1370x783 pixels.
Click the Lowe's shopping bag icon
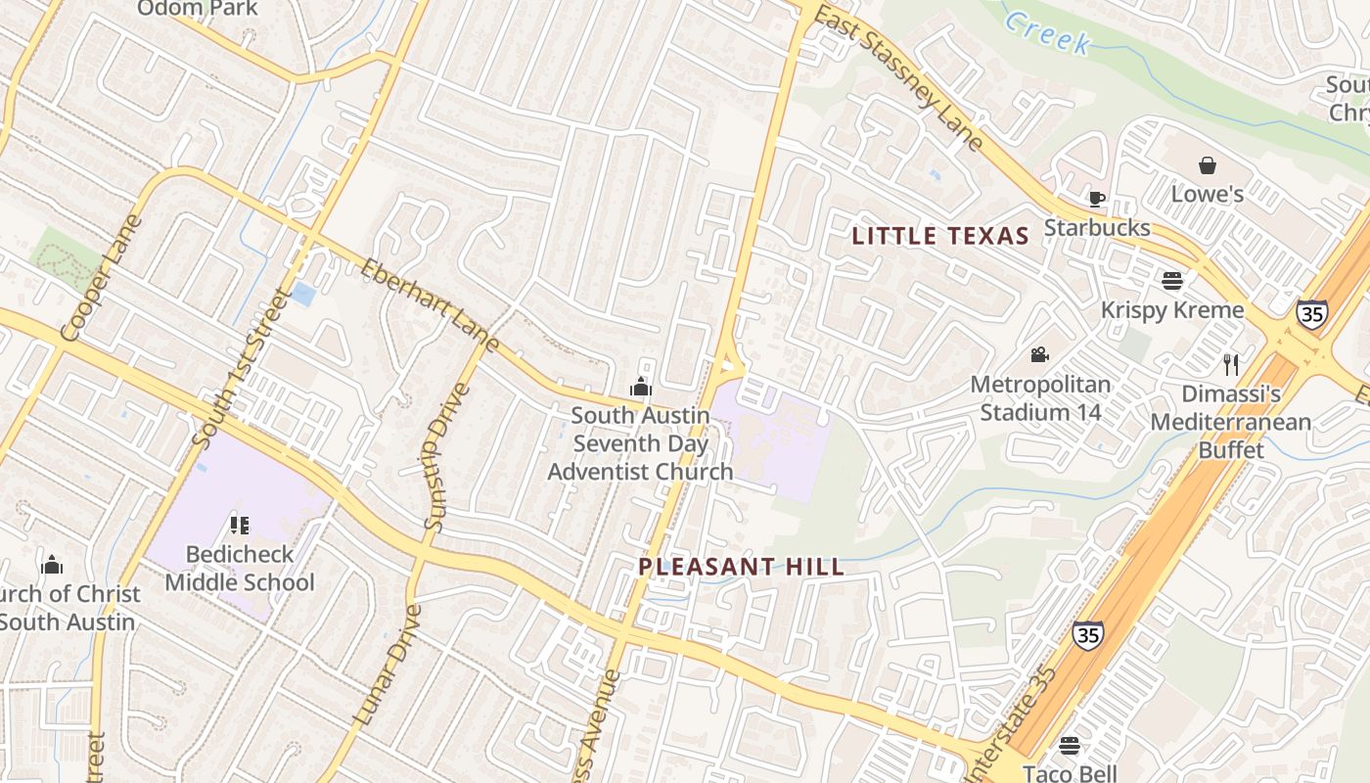pos(1208,165)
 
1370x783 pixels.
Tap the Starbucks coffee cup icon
pos(1097,200)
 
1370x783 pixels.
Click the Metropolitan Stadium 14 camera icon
pos(1039,354)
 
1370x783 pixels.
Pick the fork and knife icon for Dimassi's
pos(1231,365)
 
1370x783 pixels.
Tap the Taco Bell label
pos(1070,772)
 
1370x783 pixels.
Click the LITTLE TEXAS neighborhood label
pos(939,236)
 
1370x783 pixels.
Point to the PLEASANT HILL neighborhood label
pos(741,567)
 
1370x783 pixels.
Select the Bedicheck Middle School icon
pos(240,526)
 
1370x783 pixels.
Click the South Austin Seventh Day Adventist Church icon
pos(641,387)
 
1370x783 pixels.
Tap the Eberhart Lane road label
pos(431,304)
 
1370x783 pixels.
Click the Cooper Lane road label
pos(100,279)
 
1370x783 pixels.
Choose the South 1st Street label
pos(241,368)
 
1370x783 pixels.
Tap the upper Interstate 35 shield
pos(1311,313)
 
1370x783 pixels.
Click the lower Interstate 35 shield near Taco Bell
pos(1087,635)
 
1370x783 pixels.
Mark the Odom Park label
pos(198,9)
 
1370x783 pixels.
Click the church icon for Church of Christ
pos(52,565)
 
